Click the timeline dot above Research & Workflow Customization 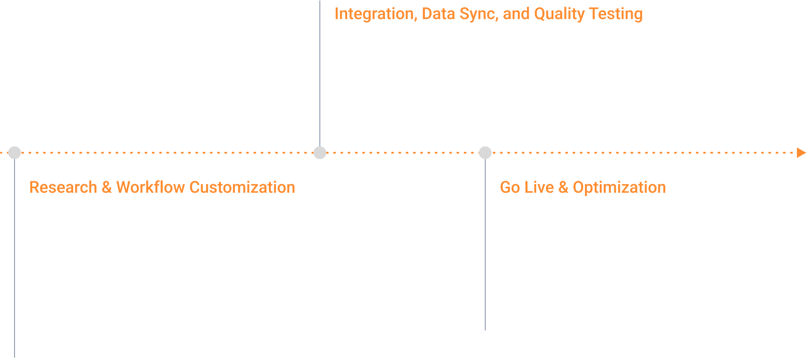pos(15,153)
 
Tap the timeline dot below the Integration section pos(320,153)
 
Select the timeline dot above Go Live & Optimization pos(485,153)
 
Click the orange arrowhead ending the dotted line pos(801,153)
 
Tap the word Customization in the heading pos(242,187)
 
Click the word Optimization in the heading pos(619,187)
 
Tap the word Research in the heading pos(63,187)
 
